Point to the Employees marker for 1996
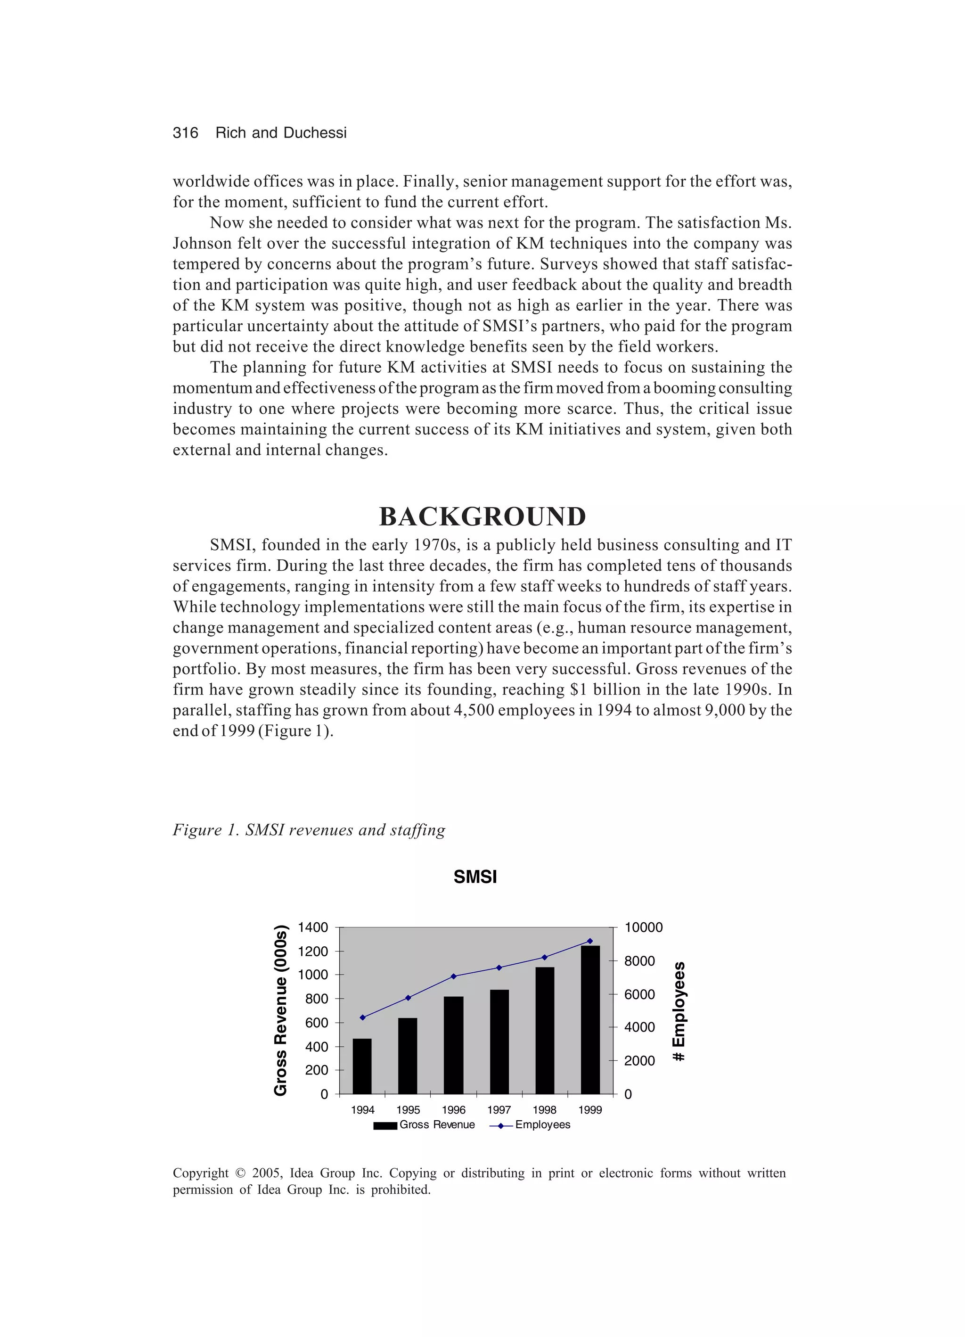pyautogui.click(x=453, y=976)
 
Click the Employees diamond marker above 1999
pyautogui.click(x=590, y=941)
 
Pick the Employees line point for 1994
pyautogui.click(x=362, y=1017)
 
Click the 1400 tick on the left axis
pyautogui.click(x=312, y=927)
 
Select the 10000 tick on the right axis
pyautogui.click(x=643, y=927)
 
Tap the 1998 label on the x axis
pyautogui.click(x=544, y=1110)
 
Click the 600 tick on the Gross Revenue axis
pyautogui.click(x=317, y=1023)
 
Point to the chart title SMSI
pyautogui.click(x=475, y=877)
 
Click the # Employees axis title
pyautogui.click(x=679, y=1010)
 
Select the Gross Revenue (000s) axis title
pyautogui.click(x=281, y=1010)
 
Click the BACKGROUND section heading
pyautogui.click(x=482, y=517)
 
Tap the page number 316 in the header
pyautogui.click(x=185, y=132)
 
